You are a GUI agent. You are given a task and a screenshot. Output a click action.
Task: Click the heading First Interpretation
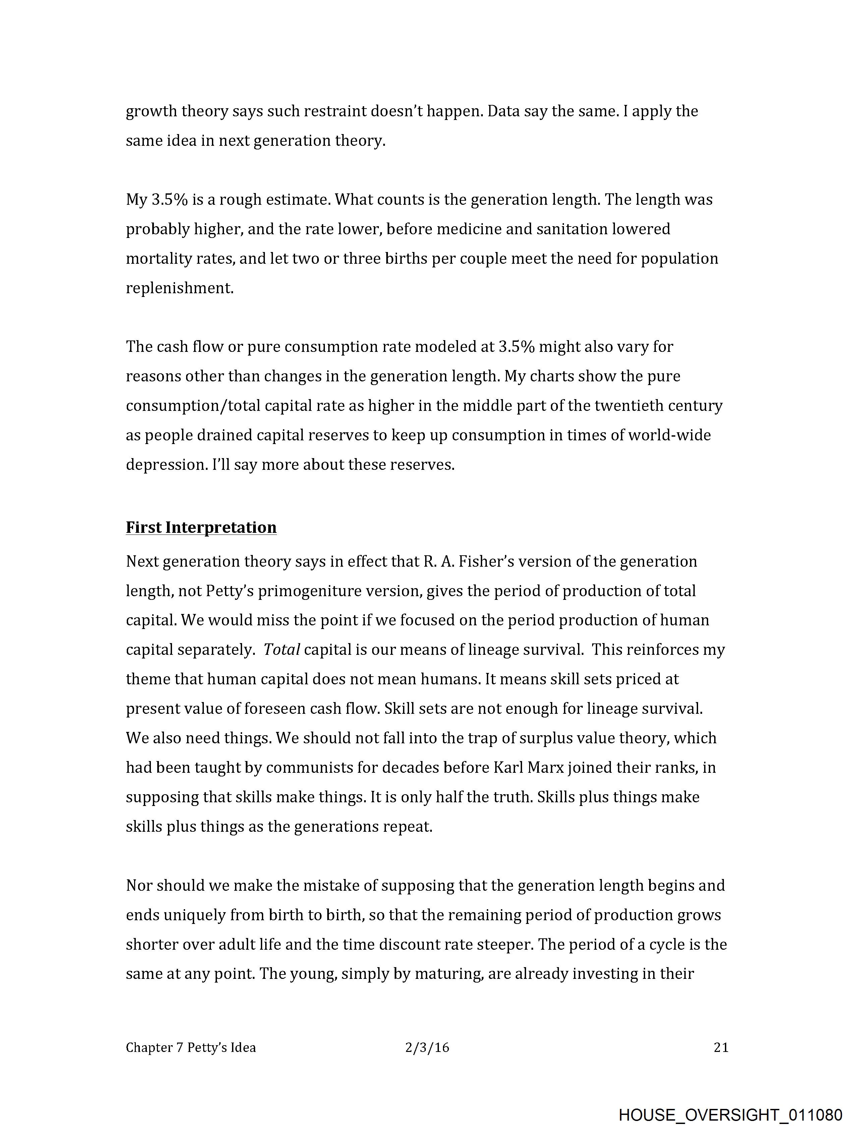coord(201,527)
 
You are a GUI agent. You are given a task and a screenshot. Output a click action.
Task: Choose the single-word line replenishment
coord(180,289)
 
